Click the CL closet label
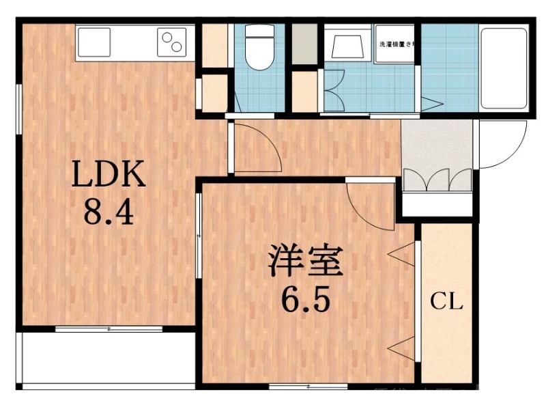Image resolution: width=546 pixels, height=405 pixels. (x=446, y=301)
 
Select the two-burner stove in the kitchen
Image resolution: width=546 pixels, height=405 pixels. (x=172, y=42)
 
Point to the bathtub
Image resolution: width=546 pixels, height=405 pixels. (x=502, y=68)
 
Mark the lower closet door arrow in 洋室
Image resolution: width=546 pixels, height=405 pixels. (x=403, y=348)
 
